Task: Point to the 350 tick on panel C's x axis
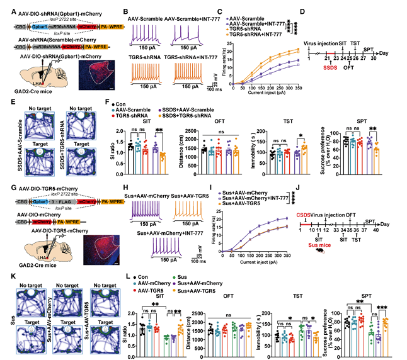point(290,88)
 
